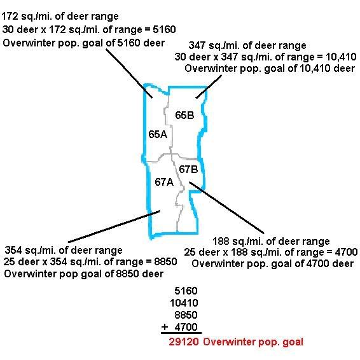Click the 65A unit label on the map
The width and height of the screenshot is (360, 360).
point(158,134)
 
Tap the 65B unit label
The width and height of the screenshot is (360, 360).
point(184,115)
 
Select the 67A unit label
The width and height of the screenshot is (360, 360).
point(164,182)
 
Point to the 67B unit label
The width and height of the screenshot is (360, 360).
point(188,169)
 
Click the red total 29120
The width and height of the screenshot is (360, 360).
point(184,342)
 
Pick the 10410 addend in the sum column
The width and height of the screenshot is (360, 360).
point(184,303)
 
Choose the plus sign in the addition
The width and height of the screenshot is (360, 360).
point(165,327)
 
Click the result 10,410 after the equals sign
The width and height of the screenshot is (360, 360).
point(341,57)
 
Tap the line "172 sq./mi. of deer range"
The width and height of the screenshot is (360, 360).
point(60,17)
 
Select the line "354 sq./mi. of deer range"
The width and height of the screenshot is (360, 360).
point(64,250)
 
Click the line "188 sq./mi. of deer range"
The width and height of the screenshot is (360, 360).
point(271,241)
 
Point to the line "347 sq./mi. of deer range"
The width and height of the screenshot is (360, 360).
point(247,45)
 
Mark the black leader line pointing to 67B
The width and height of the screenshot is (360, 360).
point(226,208)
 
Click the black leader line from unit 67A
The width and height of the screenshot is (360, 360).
point(114,226)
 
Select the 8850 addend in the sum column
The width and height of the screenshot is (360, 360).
point(186,315)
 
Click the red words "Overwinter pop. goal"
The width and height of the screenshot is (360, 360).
point(253,342)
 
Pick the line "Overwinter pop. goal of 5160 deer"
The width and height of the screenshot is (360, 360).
point(84,43)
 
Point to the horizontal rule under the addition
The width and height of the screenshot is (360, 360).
point(181,333)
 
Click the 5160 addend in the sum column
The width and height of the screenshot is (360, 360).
point(186,291)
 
